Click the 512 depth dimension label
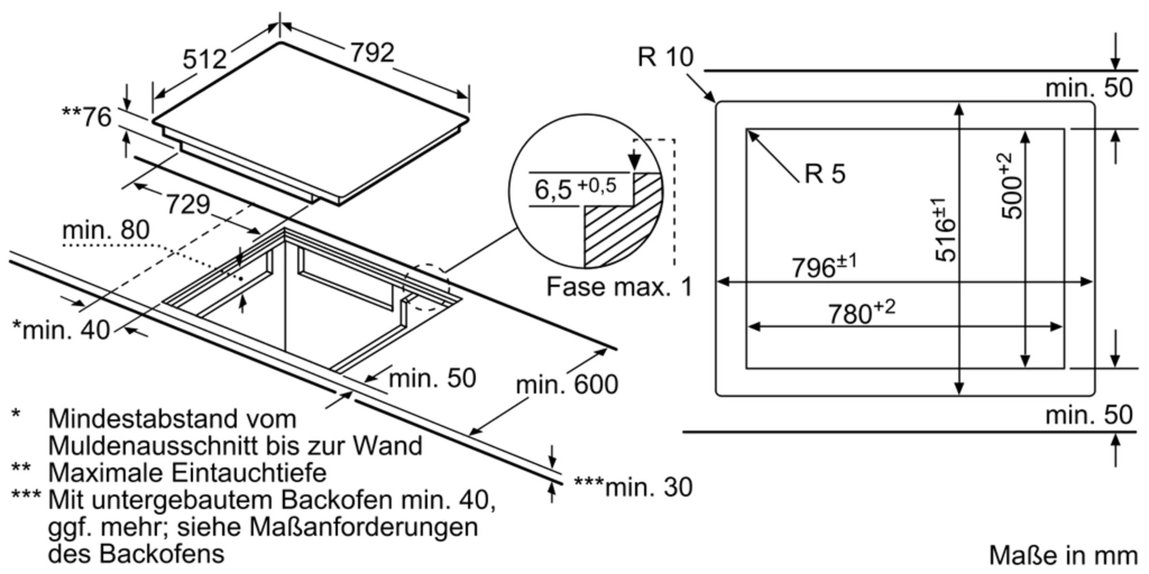[x=205, y=59]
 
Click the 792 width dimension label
[x=372, y=53]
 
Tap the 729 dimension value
[x=188, y=204]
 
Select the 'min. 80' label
[x=106, y=230]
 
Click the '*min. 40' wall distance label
[x=61, y=329]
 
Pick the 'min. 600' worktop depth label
[x=566, y=384]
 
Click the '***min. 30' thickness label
[x=633, y=487]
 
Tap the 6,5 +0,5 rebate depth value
[x=575, y=188]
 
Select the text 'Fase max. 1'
[x=619, y=286]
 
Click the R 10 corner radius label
[x=665, y=57]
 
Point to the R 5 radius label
[x=825, y=173]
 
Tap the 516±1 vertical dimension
[x=946, y=230]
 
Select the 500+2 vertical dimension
[x=1012, y=185]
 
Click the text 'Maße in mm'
[x=1063, y=555]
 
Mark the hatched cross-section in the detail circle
[x=620, y=230]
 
